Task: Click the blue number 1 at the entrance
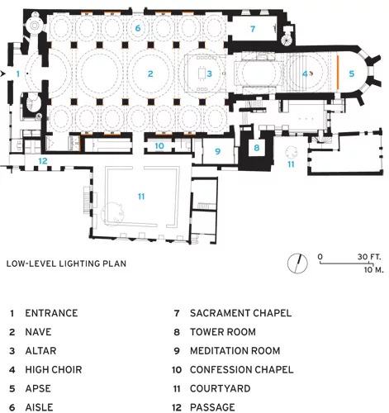pos(18,74)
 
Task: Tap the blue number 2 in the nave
pos(150,74)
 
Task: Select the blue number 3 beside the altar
pos(210,74)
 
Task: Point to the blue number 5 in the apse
pos(352,74)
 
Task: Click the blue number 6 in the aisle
pos(138,28)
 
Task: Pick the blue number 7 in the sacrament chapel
pos(253,29)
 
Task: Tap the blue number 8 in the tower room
pos(257,148)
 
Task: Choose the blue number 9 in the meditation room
pos(218,151)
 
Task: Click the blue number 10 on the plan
pos(159,146)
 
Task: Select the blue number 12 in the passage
pos(43,161)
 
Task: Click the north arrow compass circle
pos(297,263)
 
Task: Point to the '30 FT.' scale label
pos(369,257)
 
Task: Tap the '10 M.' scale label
pos(373,270)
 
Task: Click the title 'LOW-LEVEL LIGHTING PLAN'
pos(66,263)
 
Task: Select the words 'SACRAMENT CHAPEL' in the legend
pos(240,313)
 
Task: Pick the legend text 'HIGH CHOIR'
pos(54,370)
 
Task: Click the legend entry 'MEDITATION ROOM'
pos(235,351)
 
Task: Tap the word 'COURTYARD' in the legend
pos(221,388)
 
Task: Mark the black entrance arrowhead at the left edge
pos(3,74)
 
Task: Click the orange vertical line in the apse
pos(338,73)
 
